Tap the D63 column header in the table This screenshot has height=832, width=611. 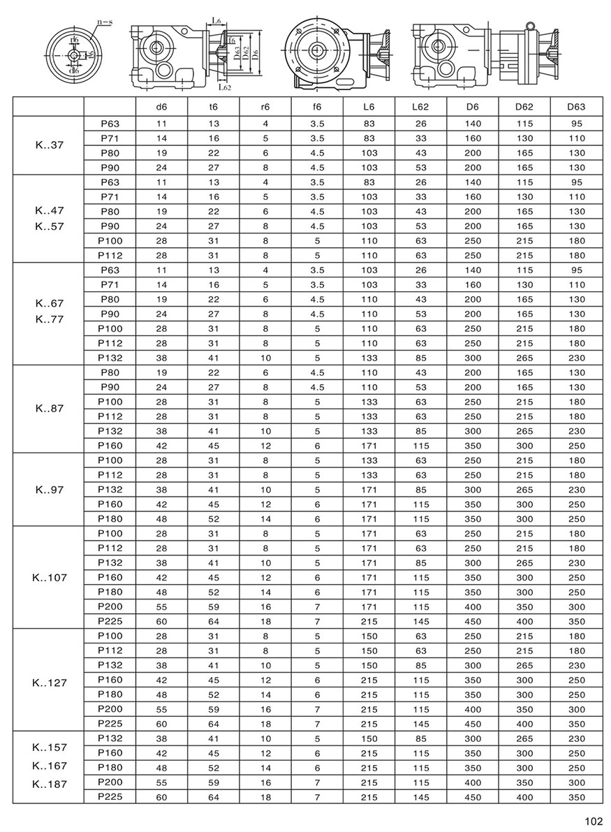click(576, 107)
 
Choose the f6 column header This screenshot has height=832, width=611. click(317, 107)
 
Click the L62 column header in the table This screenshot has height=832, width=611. click(420, 107)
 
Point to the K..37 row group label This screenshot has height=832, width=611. click(50, 145)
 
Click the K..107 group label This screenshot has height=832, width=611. click(50, 578)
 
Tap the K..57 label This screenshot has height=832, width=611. click(50, 226)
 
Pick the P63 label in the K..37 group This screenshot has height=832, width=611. click(110, 124)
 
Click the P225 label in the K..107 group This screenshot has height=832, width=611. click(110, 621)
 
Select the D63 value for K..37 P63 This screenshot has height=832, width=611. click(576, 124)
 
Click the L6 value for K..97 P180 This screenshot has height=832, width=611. click(369, 519)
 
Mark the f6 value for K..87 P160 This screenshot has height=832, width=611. click(317, 445)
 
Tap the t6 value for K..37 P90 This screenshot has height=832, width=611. click(214, 168)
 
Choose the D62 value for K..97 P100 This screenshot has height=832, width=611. click(524, 460)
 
